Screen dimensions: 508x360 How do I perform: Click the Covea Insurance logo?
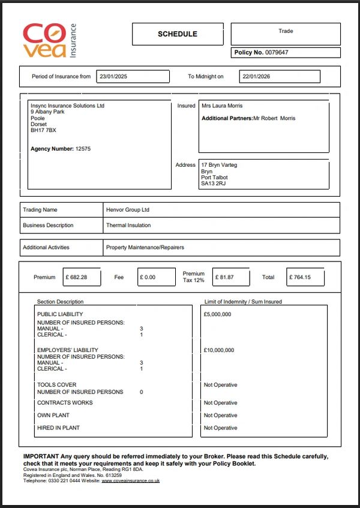[x=50, y=40]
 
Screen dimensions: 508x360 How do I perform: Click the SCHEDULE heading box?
[x=178, y=34]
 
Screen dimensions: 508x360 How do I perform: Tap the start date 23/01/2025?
[x=113, y=77]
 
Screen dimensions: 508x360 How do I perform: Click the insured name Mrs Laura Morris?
[x=222, y=106]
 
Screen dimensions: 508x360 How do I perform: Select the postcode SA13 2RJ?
[x=214, y=184]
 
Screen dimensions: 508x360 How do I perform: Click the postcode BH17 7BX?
[x=43, y=130]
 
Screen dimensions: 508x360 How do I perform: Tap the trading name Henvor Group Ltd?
[x=128, y=210]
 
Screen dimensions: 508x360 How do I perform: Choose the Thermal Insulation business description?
[x=128, y=226]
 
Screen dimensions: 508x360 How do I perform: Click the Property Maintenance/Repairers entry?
[x=145, y=247]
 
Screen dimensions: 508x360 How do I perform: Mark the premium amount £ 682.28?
[x=76, y=278]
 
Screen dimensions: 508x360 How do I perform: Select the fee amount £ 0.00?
[x=148, y=278]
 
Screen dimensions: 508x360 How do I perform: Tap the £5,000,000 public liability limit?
[x=217, y=314]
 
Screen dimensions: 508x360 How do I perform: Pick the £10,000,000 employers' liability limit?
[x=219, y=350]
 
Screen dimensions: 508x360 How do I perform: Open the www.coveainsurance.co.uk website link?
[x=130, y=480]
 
